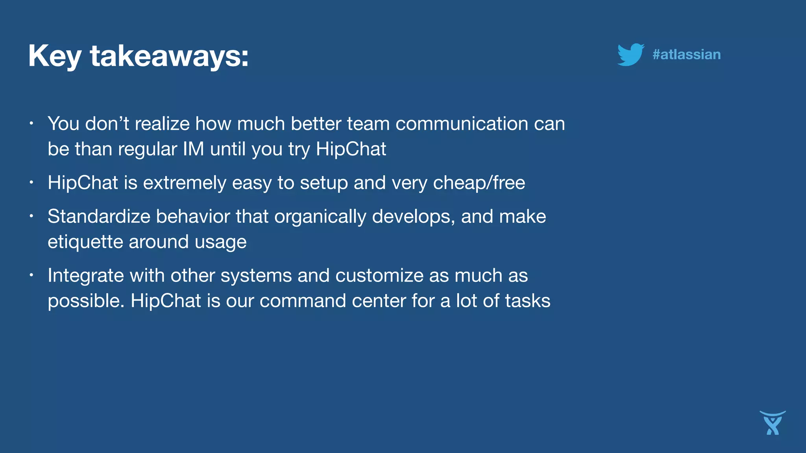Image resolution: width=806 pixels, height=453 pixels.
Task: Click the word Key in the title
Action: click(x=55, y=56)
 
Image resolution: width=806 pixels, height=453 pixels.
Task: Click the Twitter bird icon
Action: click(x=630, y=54)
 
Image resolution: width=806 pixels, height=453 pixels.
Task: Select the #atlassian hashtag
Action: click(x=686, y=54)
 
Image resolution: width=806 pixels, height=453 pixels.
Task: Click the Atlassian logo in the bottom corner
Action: click(x=773, y=423)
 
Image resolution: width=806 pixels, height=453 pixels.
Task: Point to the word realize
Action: click(x=162, y=123)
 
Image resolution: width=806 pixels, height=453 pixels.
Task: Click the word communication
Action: click(x=462, y=123)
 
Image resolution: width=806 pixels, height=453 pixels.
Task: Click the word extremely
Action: click(x=185, y=183)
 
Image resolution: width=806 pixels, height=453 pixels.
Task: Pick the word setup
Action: click(x=324, y=183)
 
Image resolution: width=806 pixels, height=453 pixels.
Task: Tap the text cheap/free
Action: click(x=479, y=183)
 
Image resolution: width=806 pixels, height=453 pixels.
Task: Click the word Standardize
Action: click(x=99, y=216)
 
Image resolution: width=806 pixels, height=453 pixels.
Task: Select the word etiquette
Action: click(x=85, y=242)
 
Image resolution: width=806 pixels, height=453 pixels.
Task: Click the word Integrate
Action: click(x=86, y=276)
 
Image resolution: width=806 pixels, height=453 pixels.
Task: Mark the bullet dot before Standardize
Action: click(x=31, y=216)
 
